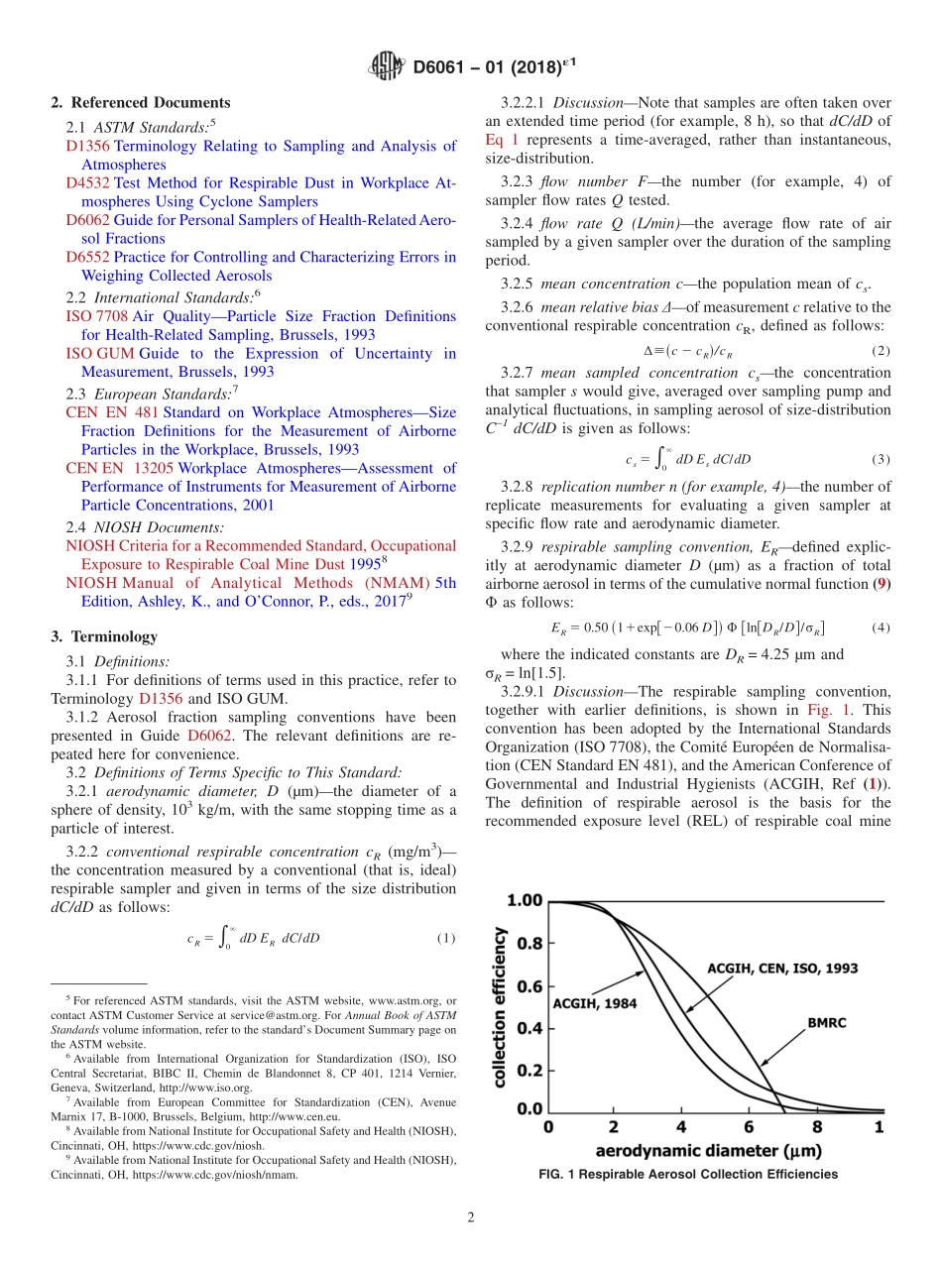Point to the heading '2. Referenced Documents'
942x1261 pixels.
pos(140,103)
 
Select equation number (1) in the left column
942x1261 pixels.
pos(445,938)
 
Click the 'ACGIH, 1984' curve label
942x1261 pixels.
pos(595,1002)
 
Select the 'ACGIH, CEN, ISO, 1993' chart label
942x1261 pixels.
pos(782,967)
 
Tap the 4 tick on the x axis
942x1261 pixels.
pos(681,1127)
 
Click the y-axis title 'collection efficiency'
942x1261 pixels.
pos(501,1006)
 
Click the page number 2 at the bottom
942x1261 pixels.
pos(471,1216)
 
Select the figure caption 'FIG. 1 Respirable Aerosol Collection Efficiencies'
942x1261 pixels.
pos(687,1174)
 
